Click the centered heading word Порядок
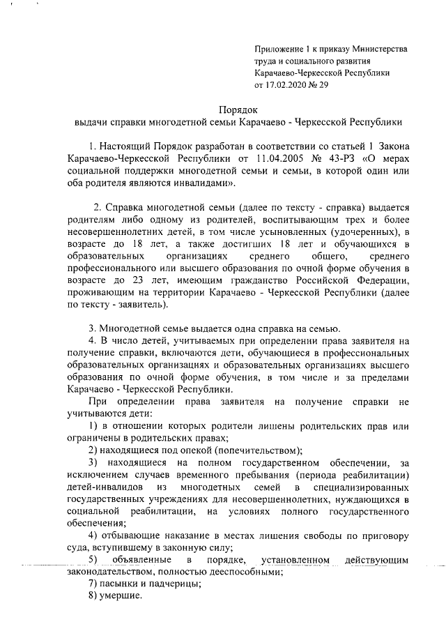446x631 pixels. coord(238,109)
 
